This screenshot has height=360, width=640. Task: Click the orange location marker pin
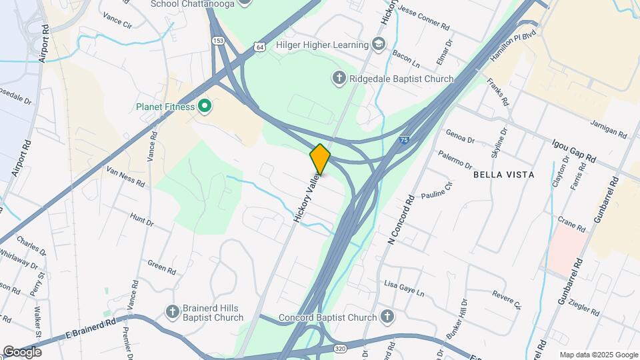[320, 159]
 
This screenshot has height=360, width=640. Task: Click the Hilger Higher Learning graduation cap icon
[379, 45]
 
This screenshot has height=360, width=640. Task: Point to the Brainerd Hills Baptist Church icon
[173, 311]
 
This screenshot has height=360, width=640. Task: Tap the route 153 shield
[218, 41]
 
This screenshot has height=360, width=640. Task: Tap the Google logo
[21, 351]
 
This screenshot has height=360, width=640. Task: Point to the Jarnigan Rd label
[609, 129]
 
